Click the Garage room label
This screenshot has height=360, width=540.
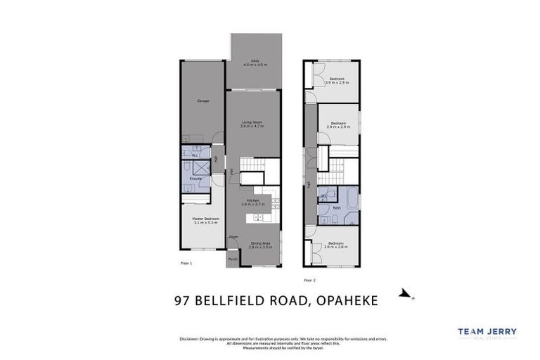[203, 101]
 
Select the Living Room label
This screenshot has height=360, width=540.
[252, 124]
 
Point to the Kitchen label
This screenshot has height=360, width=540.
[251, 202]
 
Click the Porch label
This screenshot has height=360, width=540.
[233, 259]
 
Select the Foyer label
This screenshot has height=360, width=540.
[233, 238]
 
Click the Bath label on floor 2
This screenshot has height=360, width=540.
[337, 208]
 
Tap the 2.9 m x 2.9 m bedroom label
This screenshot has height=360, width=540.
[338, 124]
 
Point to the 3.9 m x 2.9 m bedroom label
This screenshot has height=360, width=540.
[337, 80]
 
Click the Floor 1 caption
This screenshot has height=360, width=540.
[186, 263]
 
